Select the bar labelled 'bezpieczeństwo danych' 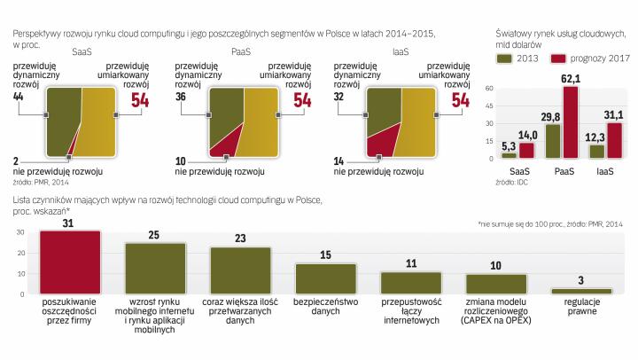[x=325, y=278]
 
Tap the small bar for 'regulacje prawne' [x=581, y=291]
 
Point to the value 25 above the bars [x=154, y=235]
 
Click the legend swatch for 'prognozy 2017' [x=558, y=58]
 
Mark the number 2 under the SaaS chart [x=17, y=159]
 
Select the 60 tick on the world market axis [x=488, y=89]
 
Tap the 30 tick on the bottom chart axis [x=10, y=231]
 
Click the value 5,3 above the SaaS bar [x=508, y=145]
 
